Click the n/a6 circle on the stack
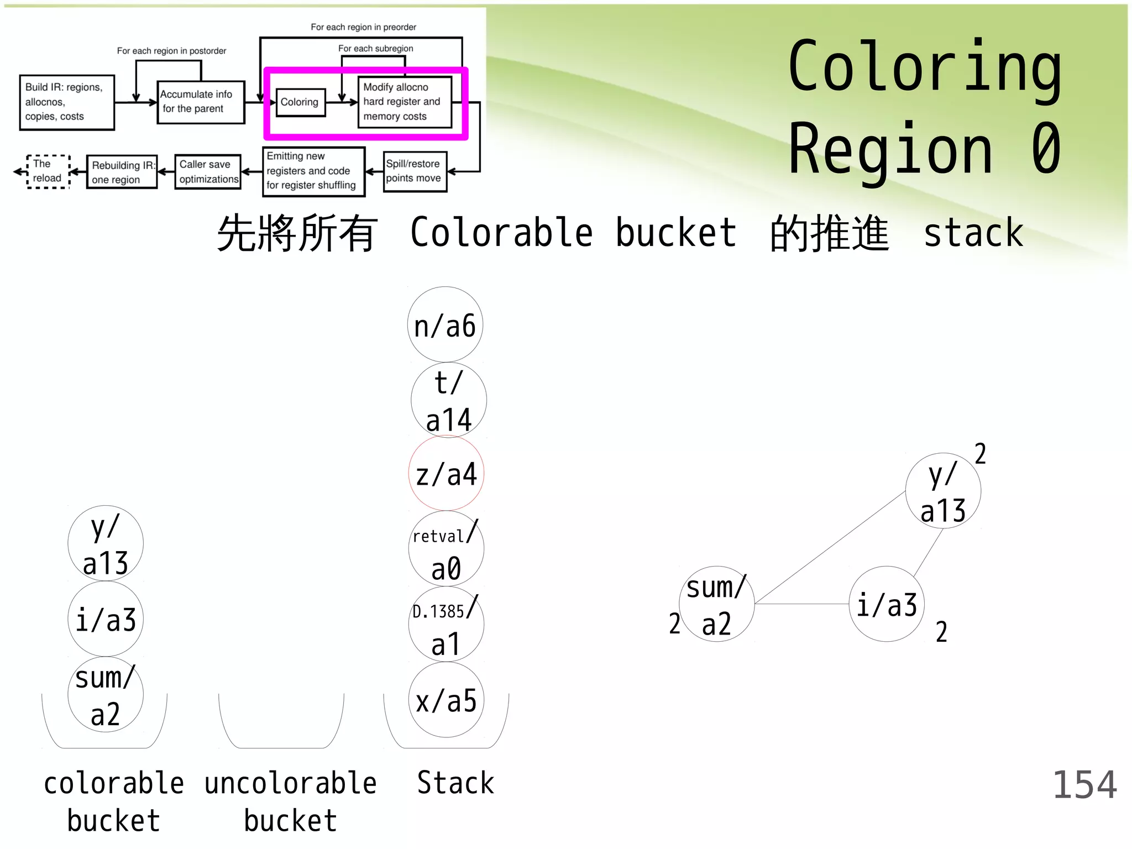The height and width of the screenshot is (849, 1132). point(445,324)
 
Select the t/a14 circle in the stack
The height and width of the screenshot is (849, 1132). point(448,400)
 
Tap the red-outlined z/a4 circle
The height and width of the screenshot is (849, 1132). point(446,473)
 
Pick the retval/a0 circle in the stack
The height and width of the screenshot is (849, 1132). point(446,548)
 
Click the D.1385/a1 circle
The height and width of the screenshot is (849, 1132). point(446,624)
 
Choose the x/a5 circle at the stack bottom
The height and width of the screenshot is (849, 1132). point(446,700)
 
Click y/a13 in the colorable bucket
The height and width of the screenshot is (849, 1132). point(106,543)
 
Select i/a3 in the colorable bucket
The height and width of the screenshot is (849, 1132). point(106,619)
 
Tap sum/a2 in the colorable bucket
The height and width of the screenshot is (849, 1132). point(106,694)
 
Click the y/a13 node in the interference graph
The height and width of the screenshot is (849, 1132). point(943,491)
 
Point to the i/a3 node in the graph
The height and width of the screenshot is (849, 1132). point(887,604)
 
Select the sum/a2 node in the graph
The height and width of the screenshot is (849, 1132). point(716,604)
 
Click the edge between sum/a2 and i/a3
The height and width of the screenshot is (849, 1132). point(801,604)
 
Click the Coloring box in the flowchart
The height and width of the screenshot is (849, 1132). point(300,102)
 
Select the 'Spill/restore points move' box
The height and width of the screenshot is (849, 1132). point(415,171)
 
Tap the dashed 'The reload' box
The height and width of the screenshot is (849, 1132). point(48,171)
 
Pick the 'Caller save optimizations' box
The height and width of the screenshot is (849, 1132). point(208,172)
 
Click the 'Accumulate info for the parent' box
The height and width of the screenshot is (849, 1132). point(200,102)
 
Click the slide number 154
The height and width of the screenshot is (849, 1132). point(1084,784)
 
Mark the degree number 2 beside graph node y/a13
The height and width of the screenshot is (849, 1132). point(980,454)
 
